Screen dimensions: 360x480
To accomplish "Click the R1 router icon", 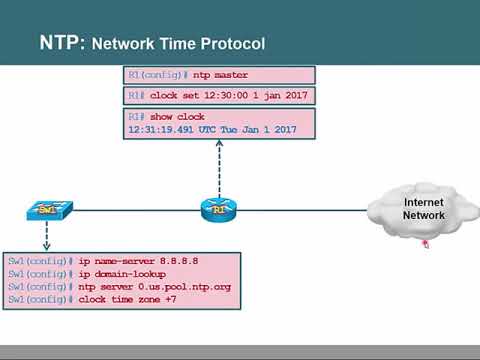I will tap(218, 210).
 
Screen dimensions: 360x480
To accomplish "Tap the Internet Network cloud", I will tap(422, 209).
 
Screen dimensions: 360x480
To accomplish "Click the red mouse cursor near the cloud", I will tap(424, 243).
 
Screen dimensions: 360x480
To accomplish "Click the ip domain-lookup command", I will tap(122, 273).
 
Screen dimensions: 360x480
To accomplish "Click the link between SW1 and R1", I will tap(130, 211).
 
